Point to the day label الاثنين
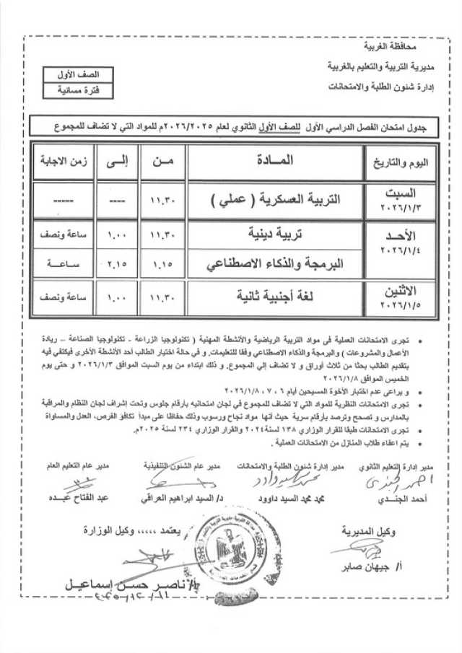(x=398, y=290)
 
